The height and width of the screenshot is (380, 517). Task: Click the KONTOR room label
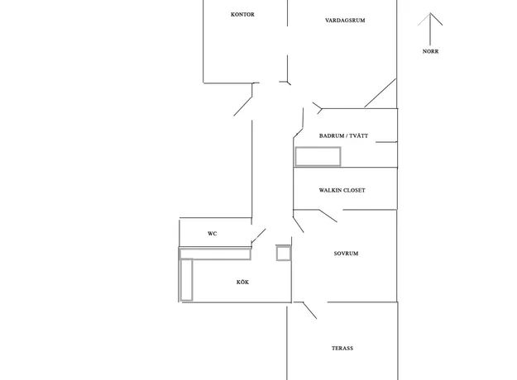point(242,15)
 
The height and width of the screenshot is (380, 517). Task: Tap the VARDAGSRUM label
point(345,21)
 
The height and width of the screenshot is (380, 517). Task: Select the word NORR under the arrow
point(431,51)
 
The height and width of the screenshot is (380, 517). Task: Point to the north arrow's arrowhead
point(430,13)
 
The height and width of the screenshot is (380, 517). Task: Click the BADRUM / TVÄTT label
point(343,135)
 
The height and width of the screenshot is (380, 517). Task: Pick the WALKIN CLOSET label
point(342,190)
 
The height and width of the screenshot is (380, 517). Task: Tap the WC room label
point(213,234)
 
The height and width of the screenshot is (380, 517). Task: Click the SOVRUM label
point(346,254)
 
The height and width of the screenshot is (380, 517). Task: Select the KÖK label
point(242,283)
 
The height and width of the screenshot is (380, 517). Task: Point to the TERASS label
point(342,348)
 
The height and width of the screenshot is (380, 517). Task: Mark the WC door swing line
point(258,236)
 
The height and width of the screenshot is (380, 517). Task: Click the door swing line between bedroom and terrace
point(309,310)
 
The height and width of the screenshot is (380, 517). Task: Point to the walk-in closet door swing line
point(328,216)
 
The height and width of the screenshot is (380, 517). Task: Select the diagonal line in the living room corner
point(380,93)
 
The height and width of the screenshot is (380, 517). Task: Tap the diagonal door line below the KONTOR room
point(243,106)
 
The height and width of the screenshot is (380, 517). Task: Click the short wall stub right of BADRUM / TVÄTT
point(386,142)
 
